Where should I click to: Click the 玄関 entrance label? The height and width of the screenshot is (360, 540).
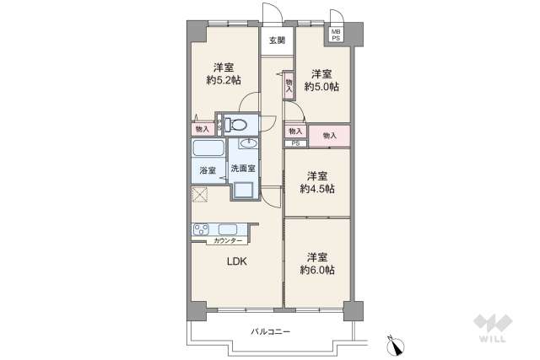point(278,40)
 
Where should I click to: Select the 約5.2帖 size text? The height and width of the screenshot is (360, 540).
point(224,81)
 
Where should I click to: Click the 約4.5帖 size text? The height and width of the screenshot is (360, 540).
point(317,189)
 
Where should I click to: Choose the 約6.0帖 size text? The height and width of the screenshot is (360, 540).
point(317,269)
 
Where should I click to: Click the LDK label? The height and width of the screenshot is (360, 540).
point(237,261)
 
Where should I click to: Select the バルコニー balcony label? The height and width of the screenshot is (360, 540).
point(271,330)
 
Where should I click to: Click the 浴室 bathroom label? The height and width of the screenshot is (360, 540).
point(208,171)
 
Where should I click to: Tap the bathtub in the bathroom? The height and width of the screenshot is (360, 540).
point(208,150)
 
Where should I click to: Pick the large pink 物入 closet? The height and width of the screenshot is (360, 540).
point(329,135)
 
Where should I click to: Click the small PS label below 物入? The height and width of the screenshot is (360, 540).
point(295,143)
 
